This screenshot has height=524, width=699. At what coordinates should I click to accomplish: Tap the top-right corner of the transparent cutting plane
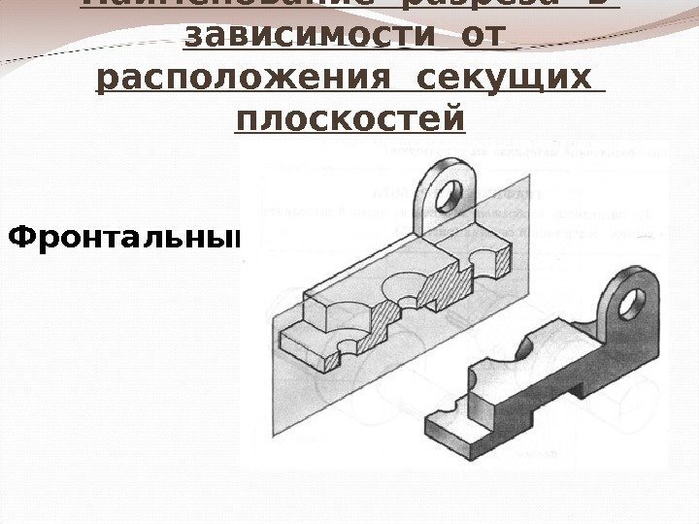coord(530,180)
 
